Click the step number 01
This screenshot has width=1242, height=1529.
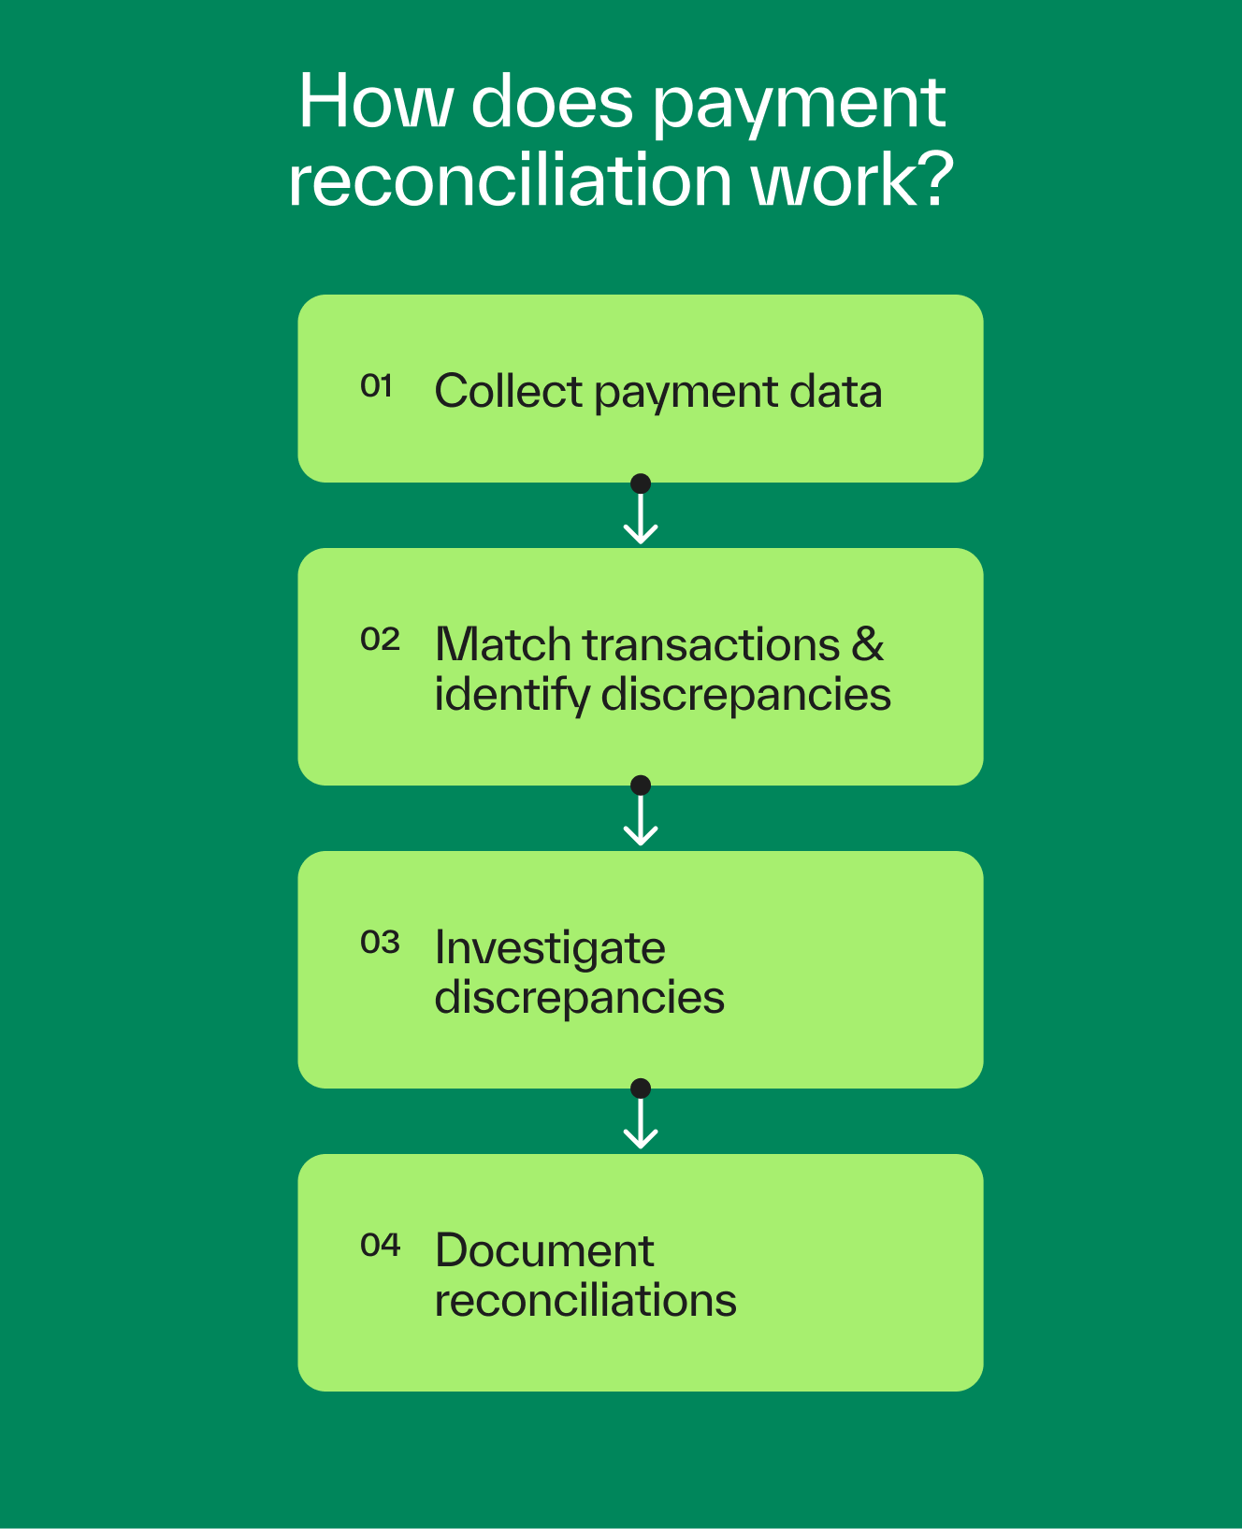point(376,385)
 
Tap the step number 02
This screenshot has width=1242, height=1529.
point(380,640)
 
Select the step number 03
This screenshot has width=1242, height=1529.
point(380,942)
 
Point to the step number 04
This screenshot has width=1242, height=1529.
point(380,1245)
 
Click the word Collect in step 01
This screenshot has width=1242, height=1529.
point(508,391)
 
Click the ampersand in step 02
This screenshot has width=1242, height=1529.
point(868,644)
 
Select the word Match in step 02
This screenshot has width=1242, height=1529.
point(503,644)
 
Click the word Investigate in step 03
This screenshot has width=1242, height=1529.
point(550,949)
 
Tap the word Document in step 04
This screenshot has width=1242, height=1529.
point(544,1250)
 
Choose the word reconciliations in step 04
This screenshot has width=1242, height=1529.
point(585,1301)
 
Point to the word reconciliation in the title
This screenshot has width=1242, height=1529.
point(511,180)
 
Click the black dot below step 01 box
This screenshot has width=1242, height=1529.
point(641,483)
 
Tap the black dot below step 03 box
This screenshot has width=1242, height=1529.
point(641,1089)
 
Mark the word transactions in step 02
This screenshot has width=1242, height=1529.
point(711,644)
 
